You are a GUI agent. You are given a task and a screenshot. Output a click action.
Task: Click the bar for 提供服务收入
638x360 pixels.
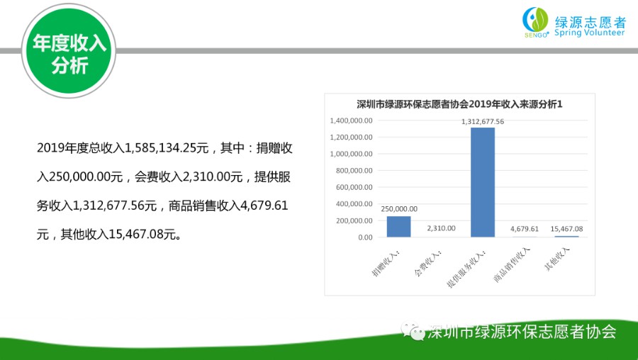point(483,182)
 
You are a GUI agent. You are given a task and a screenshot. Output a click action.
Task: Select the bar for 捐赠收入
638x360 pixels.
point(398,227)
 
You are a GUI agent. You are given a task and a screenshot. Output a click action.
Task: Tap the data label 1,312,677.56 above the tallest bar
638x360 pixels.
point(483,122)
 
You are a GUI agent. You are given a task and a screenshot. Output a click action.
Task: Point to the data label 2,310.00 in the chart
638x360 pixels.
point(441,228)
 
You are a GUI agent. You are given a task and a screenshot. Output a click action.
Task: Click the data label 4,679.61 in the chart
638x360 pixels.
point(525,229)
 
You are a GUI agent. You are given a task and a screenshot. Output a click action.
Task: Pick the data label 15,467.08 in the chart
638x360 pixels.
point(566,229)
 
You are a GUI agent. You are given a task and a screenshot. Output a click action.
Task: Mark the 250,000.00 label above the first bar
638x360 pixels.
point(399,209)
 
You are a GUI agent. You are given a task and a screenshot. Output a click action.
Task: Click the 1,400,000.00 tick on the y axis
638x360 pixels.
point(351,120)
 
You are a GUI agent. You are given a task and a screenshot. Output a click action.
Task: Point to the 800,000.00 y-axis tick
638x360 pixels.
point(354,171)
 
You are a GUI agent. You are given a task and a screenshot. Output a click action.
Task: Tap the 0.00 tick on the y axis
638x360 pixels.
point(365,237)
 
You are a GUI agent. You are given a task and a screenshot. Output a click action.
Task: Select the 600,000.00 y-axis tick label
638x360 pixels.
point(354,188)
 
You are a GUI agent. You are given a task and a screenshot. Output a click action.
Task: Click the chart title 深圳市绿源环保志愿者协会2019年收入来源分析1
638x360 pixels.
point(459,104)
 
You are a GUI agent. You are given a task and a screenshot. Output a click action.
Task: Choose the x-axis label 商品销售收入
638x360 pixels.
point(513,264)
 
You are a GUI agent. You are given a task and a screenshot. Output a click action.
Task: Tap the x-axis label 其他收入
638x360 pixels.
point(557,259)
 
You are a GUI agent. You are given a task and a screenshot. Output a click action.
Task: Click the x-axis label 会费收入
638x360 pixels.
point(427,263)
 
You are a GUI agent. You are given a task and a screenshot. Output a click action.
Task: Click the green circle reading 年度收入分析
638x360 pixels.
point(69,52)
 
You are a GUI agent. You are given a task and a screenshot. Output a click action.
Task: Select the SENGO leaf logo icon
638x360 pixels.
point(535,21)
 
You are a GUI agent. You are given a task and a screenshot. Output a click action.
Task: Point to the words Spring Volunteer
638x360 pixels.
point(590,33)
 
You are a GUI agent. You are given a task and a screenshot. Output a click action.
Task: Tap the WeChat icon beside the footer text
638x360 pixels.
point(413,332)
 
